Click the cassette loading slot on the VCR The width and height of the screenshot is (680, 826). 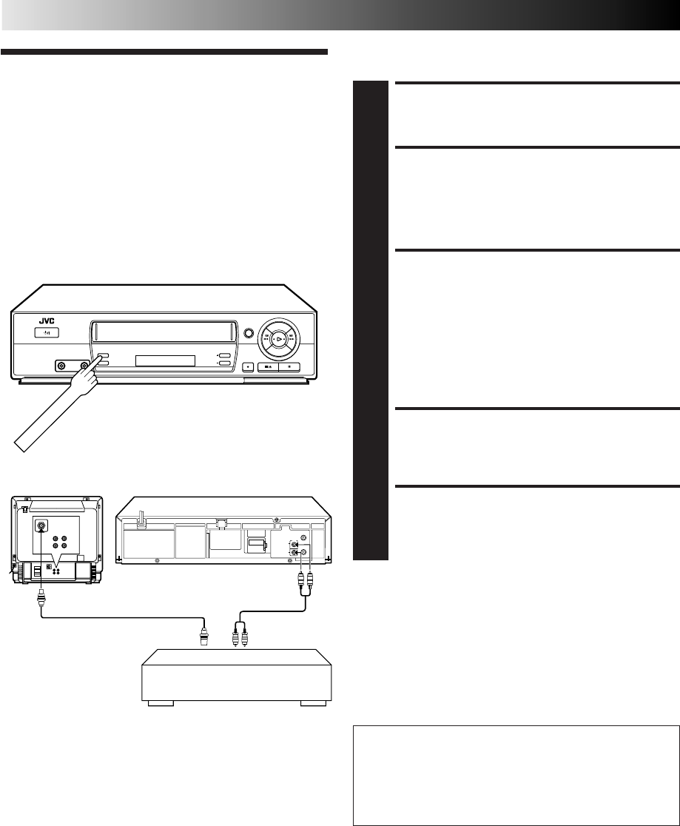point(164,330)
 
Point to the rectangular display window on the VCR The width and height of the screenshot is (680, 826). point(165,360)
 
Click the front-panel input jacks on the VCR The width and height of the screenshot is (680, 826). point(73,365)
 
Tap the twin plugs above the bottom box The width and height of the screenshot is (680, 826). point(239,633)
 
